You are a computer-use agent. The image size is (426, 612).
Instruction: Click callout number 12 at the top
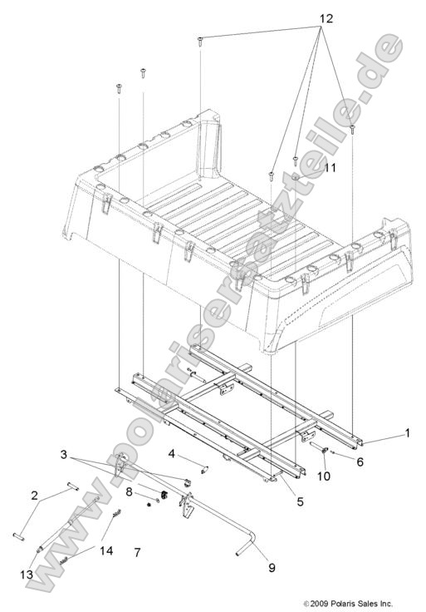tap(326, 17)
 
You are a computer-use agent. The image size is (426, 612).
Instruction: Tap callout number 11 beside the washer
tap(306, 167)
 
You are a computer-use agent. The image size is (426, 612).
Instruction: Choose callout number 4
tap(170, 454)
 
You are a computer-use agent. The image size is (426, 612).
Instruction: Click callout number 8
tap(130, 491)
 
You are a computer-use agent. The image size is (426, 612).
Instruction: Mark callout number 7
tap(138, 552)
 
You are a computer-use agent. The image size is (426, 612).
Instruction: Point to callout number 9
tap(271, 569)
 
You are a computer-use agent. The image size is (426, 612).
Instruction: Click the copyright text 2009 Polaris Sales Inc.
tap(348, 604)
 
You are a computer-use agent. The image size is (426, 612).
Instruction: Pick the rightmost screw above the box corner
tap(353, 129)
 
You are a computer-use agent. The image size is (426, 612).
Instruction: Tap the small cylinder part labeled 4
tap(186, 471)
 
